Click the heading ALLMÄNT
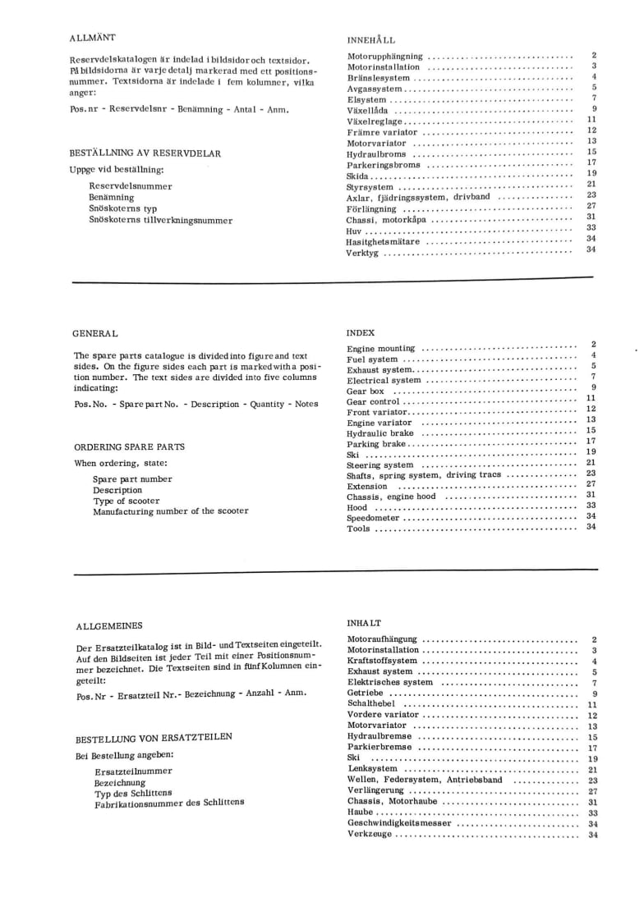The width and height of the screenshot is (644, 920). coord(92,38)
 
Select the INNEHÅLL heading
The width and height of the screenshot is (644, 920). coord(370,39)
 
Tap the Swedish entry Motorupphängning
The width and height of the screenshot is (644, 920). coord(384,57)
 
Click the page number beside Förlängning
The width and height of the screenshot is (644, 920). coord(591,206)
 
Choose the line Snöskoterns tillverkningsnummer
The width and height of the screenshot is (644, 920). coord(160,220)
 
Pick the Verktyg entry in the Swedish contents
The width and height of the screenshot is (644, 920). coord(363,253)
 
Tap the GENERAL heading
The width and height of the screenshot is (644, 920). coord(95,333)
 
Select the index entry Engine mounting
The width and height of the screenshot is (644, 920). coord(380,349)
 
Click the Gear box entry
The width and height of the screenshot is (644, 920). coord(366,391)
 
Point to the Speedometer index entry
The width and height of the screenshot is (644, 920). coord(373,519)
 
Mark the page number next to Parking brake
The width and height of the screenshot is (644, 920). coord(591,442)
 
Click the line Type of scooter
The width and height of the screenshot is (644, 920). coord(126,501)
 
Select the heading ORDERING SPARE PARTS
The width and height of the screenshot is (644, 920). coord(129,447)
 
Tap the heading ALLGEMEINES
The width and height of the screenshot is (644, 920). coord(108,626)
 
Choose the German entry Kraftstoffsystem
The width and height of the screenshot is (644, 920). coord(382,661)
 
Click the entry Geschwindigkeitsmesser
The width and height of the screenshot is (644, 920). coord(399,823)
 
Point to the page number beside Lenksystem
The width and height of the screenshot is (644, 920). coord(592,770)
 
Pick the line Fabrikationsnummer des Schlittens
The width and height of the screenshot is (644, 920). coord(169,803)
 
